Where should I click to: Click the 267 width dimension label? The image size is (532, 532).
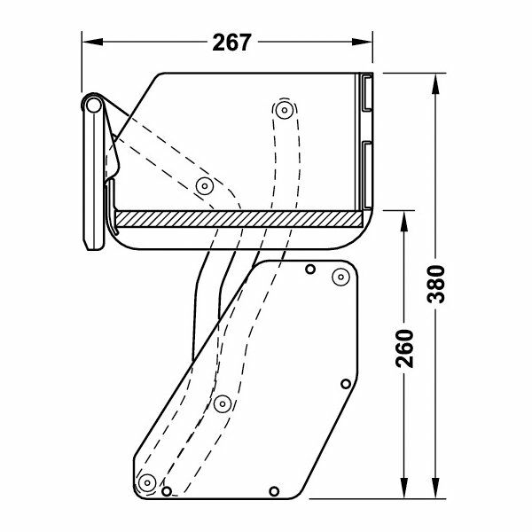coord(232,42)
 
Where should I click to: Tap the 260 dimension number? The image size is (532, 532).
coord(405,352)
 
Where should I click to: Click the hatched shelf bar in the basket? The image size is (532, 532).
coord(239,219)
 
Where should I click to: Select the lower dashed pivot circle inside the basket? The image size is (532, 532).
coord(205,186)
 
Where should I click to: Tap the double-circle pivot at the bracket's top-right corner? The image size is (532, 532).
coord(339,278)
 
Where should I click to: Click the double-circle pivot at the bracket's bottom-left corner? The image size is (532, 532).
coord(145,481)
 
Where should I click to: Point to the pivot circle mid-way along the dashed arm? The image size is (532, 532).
coord(221,403)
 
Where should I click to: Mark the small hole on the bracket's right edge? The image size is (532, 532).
coord(346,384)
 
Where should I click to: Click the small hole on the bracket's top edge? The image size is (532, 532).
coord(309,268)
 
